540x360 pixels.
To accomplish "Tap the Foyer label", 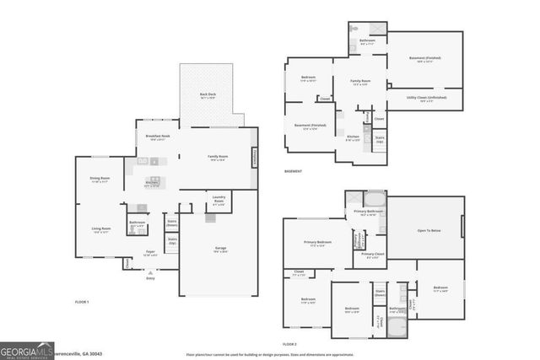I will tap(151, 252).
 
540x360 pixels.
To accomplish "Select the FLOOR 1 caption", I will tap(82, 301).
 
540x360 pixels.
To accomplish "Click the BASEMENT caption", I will tap(294, 171).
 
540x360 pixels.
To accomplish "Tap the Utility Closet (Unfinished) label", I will tap(426, 98).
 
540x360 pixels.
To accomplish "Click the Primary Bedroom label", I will tap(318, 243).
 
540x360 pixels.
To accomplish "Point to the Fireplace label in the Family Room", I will tap(253, 157).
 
